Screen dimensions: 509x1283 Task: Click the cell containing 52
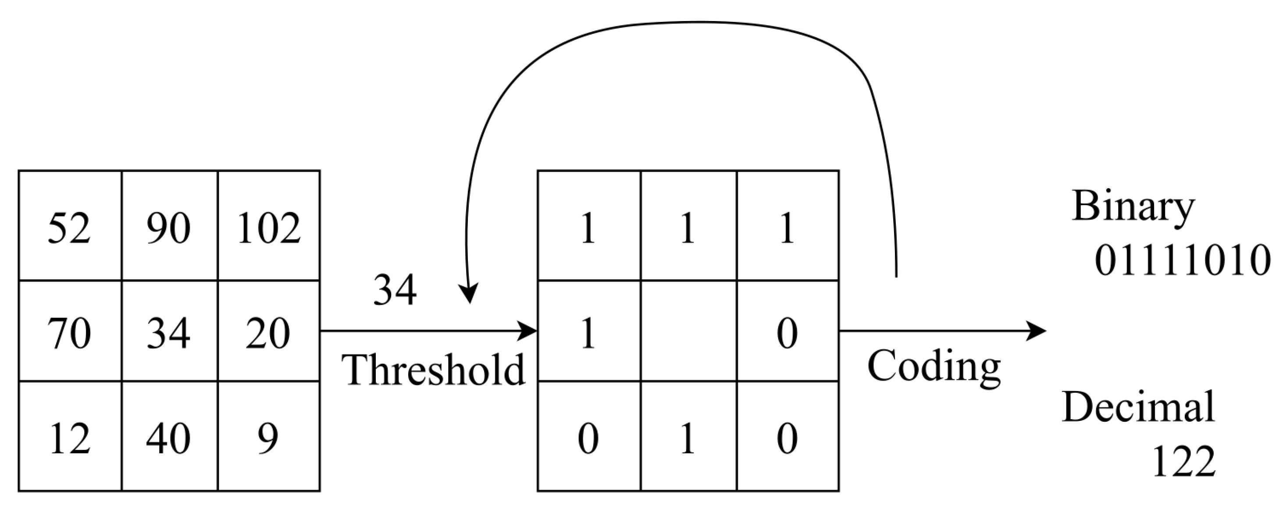[69, 228]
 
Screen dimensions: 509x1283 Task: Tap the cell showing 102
[268, 228]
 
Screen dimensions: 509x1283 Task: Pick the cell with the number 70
[69, 333]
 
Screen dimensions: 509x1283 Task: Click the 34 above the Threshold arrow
[395, 290]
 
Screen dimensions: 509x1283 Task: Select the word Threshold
[433, 370]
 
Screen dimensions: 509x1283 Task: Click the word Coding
[934, 367]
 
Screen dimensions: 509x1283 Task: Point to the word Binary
[1133, 206]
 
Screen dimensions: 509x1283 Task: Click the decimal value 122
[1184, 462]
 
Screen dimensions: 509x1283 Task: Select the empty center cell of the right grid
[688, 331]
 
